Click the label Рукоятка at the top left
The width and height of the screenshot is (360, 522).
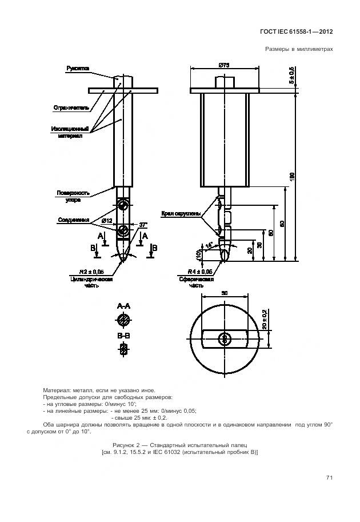click(78, 69)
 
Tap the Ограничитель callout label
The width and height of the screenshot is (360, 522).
click(71, 107)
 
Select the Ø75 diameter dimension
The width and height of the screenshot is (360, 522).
click(225, 66)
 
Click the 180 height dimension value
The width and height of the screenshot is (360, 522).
click(291, 177)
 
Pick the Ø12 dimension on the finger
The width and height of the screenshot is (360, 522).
click(106, 220)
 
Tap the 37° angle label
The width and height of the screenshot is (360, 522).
click(143, 225)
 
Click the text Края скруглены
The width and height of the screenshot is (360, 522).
click(181, 214)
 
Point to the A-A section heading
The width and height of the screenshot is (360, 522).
click(123, 306)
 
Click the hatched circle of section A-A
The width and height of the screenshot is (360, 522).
click(123, 319)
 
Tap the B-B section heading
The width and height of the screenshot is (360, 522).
click(123, 335)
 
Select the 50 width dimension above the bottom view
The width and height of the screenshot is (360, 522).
click(225, 293)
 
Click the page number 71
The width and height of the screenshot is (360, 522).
click(329, 477)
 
